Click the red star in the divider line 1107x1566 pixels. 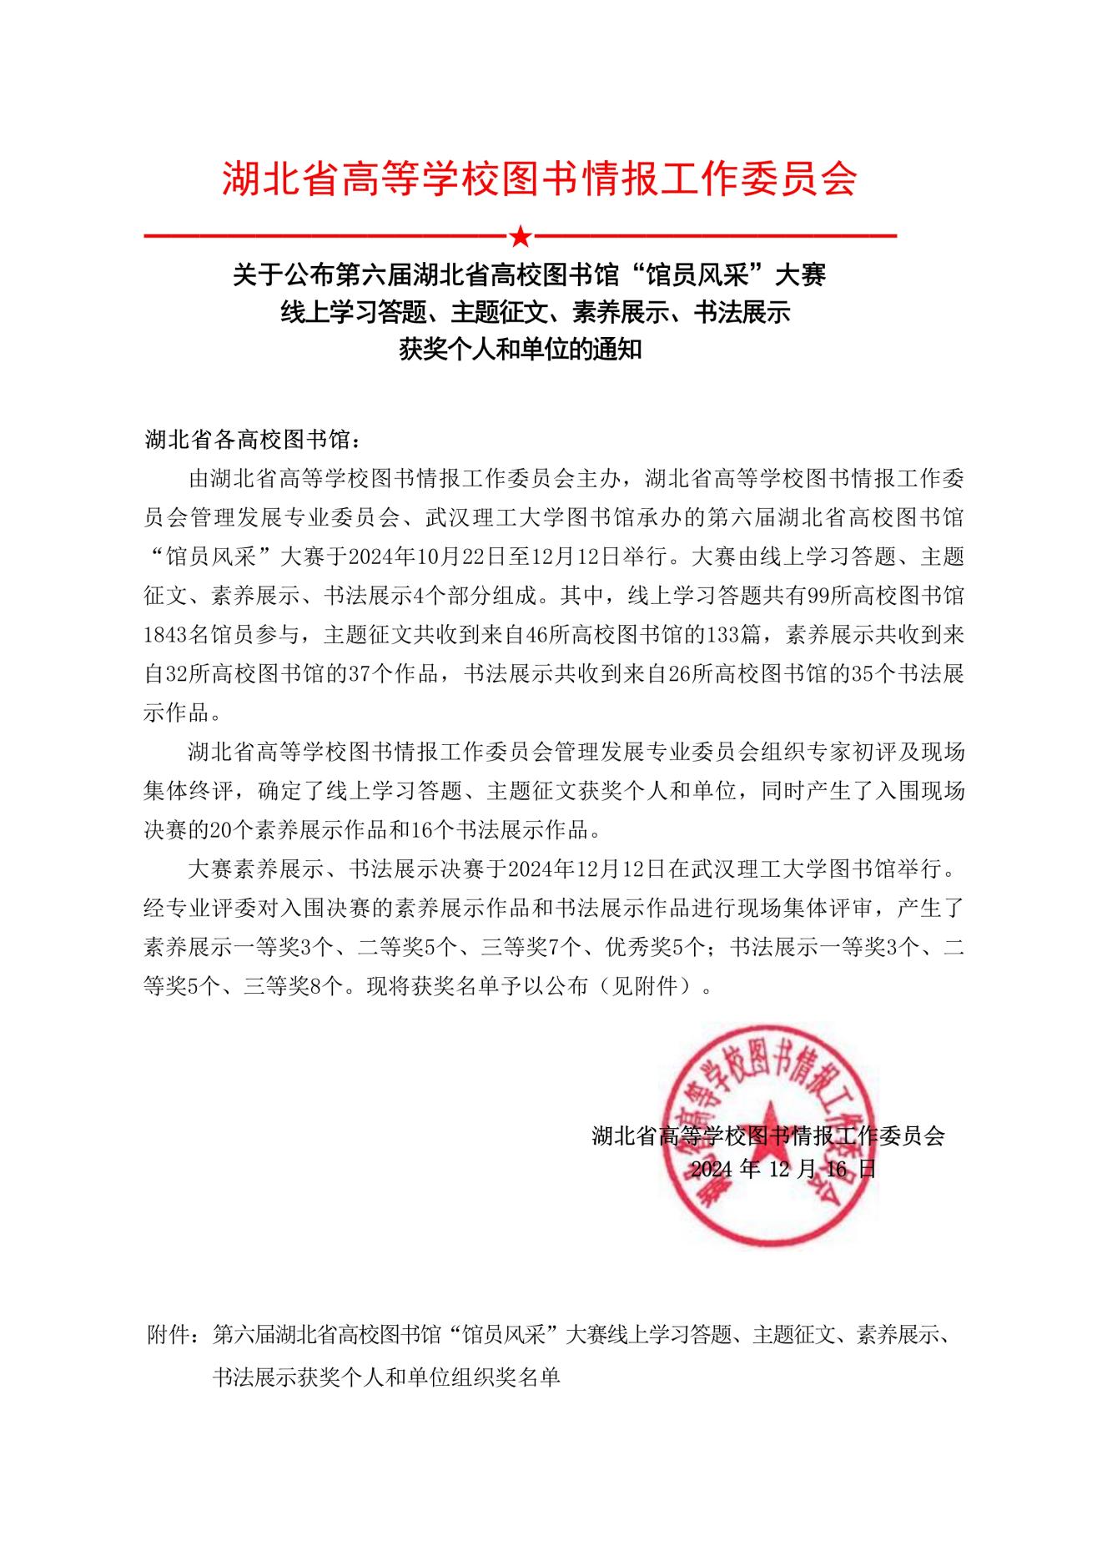[520, 237]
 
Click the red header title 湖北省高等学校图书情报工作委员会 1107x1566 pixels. [539, 178]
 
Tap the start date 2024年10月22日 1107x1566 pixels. [403, 556]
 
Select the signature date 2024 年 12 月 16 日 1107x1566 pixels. [783, 1169]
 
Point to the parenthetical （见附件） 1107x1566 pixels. [656, 987]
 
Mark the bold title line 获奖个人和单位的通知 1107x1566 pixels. [521, 349]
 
